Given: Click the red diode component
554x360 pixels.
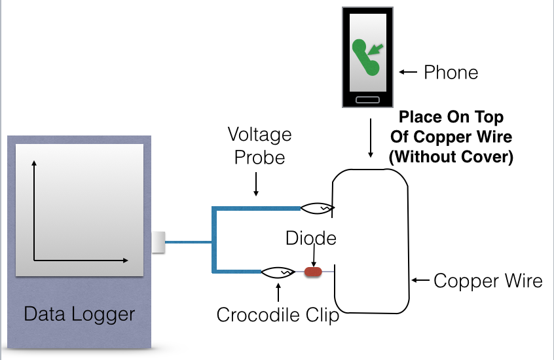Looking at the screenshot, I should click(314, 271).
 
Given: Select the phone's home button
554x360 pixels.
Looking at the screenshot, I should click(367, 99).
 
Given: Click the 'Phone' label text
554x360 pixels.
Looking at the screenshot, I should click(451, 72).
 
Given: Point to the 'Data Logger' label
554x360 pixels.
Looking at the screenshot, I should click(79, 314).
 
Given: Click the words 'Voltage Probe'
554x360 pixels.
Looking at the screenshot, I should click(259, 147).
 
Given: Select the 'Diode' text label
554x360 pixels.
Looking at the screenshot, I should click(311, 238).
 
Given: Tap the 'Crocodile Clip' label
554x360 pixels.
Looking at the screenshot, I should click(278, 315).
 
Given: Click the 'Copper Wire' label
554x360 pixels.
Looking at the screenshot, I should click(489, 281).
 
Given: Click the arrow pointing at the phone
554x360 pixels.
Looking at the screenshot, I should click(408, 72).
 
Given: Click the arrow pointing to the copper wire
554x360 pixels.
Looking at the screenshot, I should click(420, 281).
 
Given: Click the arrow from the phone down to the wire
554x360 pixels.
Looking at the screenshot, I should click(371, 137).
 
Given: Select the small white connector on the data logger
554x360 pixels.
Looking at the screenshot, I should click(158, 242).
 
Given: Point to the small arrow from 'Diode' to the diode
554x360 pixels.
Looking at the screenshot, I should click(314, 255).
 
